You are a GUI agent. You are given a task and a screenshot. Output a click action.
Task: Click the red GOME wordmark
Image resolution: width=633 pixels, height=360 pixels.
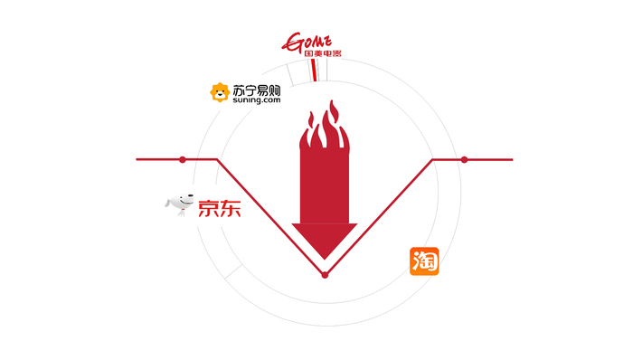310,41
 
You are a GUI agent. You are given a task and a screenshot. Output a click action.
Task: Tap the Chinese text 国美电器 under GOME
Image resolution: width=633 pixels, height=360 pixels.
312,55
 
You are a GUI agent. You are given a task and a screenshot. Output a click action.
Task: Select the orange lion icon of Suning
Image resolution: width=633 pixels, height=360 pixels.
219,91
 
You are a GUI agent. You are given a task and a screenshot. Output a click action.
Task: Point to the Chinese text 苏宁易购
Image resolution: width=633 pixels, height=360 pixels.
255,90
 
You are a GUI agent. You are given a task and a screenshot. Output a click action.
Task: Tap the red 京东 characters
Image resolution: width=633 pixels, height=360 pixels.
218,207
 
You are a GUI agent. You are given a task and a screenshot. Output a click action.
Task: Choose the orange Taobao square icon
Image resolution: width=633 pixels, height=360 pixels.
424,261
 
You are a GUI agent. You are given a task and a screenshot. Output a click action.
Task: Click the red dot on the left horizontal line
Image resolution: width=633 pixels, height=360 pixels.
183,159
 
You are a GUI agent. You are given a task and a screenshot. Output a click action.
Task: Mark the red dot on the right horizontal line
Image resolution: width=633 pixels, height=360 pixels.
465,159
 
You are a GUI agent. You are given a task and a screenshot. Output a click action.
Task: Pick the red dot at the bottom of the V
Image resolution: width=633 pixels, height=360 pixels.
325,274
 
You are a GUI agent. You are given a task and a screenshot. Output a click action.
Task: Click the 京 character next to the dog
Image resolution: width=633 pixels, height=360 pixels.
206,207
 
